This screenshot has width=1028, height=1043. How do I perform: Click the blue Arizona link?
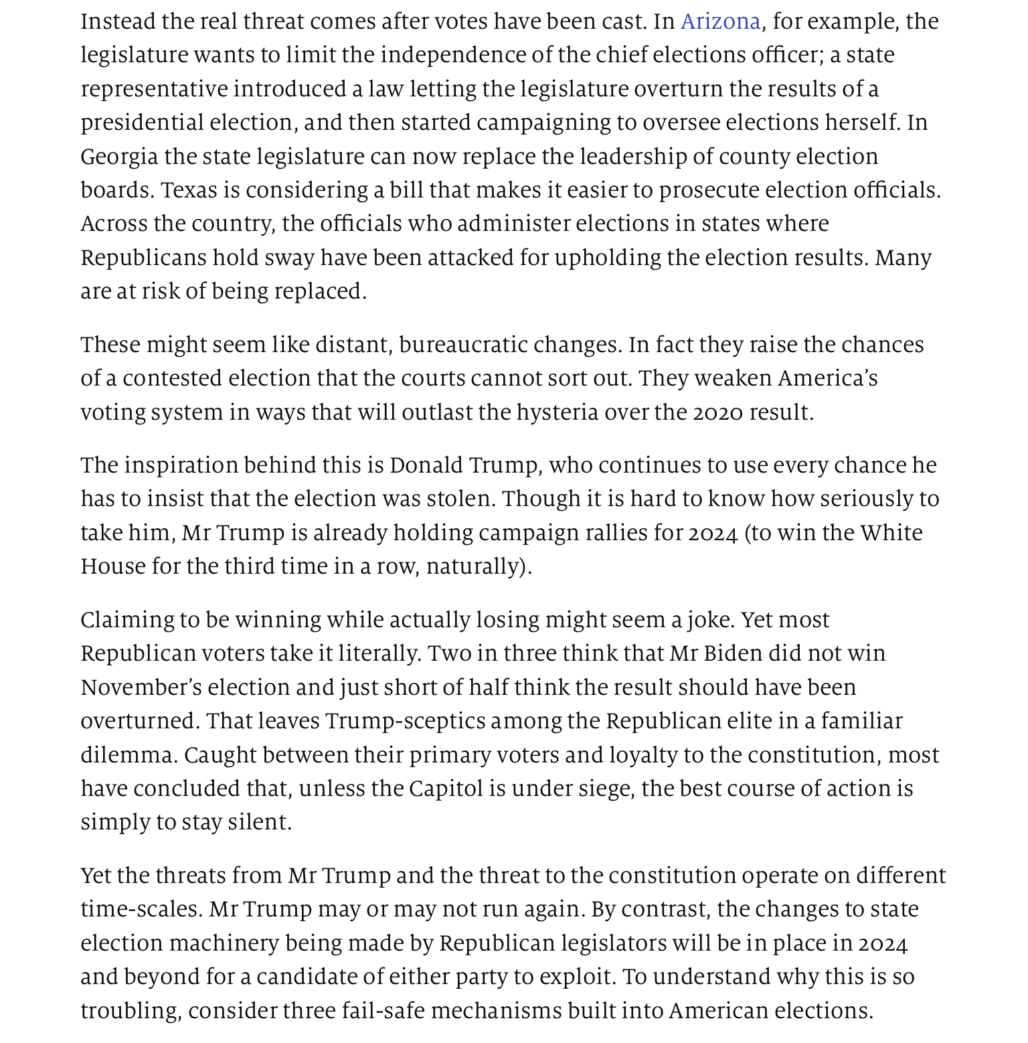[x=720, y=22]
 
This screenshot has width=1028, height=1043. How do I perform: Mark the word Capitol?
[x=446, y=789]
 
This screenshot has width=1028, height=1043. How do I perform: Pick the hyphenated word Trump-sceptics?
[x=406, y=721]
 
